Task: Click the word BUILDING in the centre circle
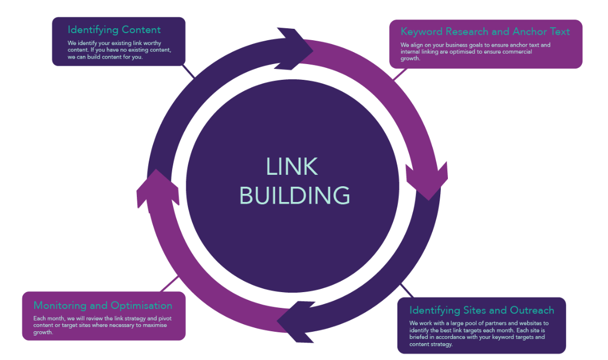(295, 195)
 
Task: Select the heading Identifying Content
(114, 29)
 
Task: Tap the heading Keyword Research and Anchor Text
(485, 31)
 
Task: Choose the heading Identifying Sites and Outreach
(482, 310)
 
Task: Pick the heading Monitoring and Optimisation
(103, 305)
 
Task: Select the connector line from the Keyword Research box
(400, 73)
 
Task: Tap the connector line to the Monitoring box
(170, 283)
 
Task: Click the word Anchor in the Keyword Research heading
(529, 31)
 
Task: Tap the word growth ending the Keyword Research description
(410, 59)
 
